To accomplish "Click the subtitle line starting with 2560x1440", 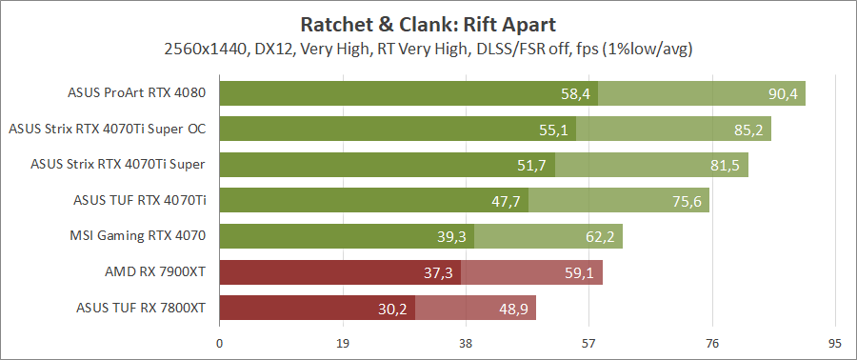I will point(428,48).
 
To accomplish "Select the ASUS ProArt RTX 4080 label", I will point(137,93).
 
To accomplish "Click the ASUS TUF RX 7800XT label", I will point(141,308).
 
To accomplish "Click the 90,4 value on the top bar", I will point(783,93).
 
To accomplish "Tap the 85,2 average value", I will point(748,130).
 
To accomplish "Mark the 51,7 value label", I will point(532,166).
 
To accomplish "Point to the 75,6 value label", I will point(687,201).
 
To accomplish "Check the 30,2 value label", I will point(392,309).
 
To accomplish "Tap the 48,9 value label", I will point(513,309).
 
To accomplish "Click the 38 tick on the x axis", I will point(466,343).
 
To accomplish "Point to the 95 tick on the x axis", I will point(835,343).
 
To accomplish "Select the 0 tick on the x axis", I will point(220,343).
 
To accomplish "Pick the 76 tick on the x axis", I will point(712,343).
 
